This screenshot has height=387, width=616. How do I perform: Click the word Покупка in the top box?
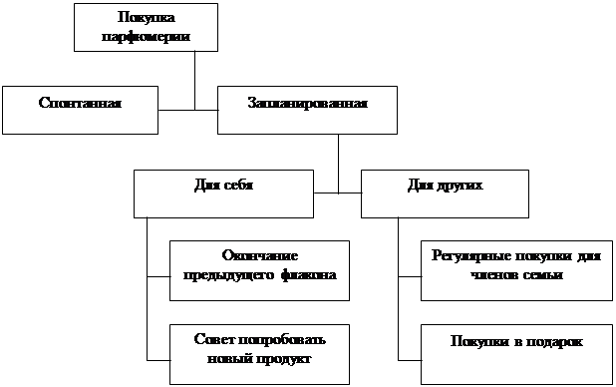click(x=147, y=18)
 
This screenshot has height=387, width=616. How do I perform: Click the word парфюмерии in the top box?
click(x=147, y=37)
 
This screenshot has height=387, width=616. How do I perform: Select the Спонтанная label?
click(x=80, y=103)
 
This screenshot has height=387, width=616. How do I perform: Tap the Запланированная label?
click(x=308, y=103)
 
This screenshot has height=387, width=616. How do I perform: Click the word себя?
click(x=238, y=185)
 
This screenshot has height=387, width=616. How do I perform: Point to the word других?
click(x=460, y=186)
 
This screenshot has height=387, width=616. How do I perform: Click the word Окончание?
click(x=260, y=255)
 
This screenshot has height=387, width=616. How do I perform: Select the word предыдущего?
click(x=228, y=275)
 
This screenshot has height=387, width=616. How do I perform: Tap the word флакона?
click(x=308, y=275)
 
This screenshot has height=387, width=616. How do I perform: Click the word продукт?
click(x=284, y=359)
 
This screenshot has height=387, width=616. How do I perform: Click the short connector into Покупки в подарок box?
click(x=410, y=360)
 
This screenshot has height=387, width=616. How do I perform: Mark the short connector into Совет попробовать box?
click(x=158, y=360)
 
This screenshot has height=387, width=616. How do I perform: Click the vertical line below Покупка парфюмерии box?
click(x=194, y=81)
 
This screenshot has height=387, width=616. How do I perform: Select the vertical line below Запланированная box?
click(x=338, y=164)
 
